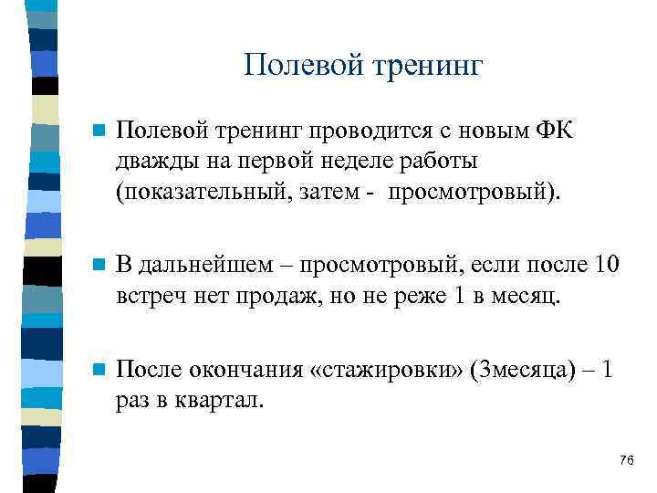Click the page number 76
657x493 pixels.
coord(626,459)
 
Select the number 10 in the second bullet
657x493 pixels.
coord(605,267)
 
